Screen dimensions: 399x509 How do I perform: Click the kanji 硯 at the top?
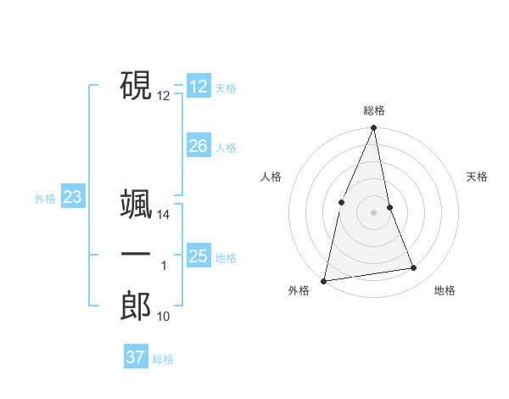pos(136,85)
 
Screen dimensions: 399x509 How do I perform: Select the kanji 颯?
pos(136,204)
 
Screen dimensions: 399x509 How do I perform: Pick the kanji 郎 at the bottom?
pos(136,306)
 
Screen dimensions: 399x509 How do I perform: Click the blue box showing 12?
pos(198,87)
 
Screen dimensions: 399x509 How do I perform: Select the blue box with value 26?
pos(198,146)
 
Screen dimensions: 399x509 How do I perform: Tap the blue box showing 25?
pos(198,256)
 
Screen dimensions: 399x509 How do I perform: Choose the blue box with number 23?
pos(72,198)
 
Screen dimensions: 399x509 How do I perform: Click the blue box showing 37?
pos(135,357)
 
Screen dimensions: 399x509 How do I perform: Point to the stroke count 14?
pos(164,216)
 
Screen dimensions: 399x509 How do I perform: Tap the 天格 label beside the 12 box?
pos(226,88)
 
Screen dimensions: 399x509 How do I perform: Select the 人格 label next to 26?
pos(226,148)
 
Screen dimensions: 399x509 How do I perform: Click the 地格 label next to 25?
pos(226,257)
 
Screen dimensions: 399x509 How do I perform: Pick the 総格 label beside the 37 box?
pos(163,359)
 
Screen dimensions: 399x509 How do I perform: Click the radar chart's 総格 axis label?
pos(373,110)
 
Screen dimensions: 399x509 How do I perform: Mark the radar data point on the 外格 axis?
pos(324,280)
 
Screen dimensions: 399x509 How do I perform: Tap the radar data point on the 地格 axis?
pos(414,268)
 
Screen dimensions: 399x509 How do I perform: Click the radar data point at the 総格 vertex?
pos(373,128)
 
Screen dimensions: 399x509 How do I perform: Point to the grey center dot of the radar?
pos(373,211)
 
